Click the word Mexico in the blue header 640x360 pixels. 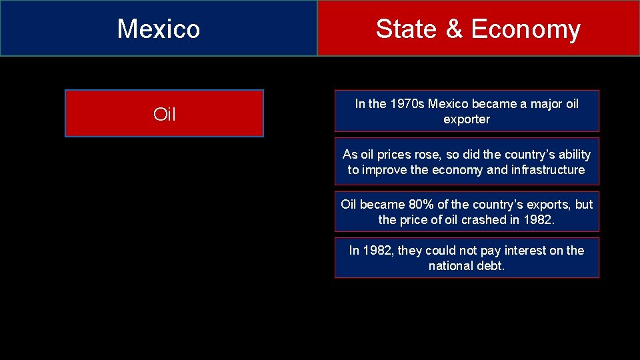click(x=159, y=29)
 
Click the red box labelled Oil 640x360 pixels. click(x=164, y=114)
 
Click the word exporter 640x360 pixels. click(x=467, y=120)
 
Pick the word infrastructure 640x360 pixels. click(x=547, y=170)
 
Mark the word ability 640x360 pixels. click(x=571, y=155)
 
